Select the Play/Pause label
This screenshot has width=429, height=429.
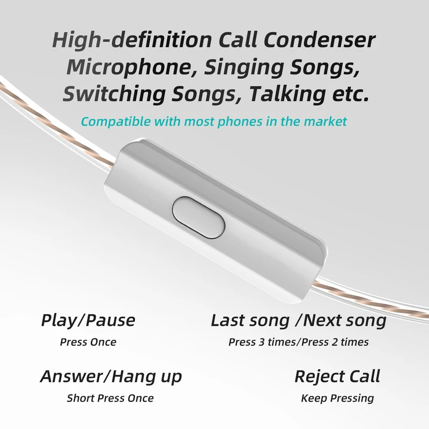88,321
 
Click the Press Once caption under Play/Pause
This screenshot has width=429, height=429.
88,342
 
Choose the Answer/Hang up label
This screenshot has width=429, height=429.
110,376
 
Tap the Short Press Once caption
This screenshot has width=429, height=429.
110,398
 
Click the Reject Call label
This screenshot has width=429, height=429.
337,376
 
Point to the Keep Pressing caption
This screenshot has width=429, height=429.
337,398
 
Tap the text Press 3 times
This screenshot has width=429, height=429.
262,342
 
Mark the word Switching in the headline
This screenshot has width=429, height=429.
112,94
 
